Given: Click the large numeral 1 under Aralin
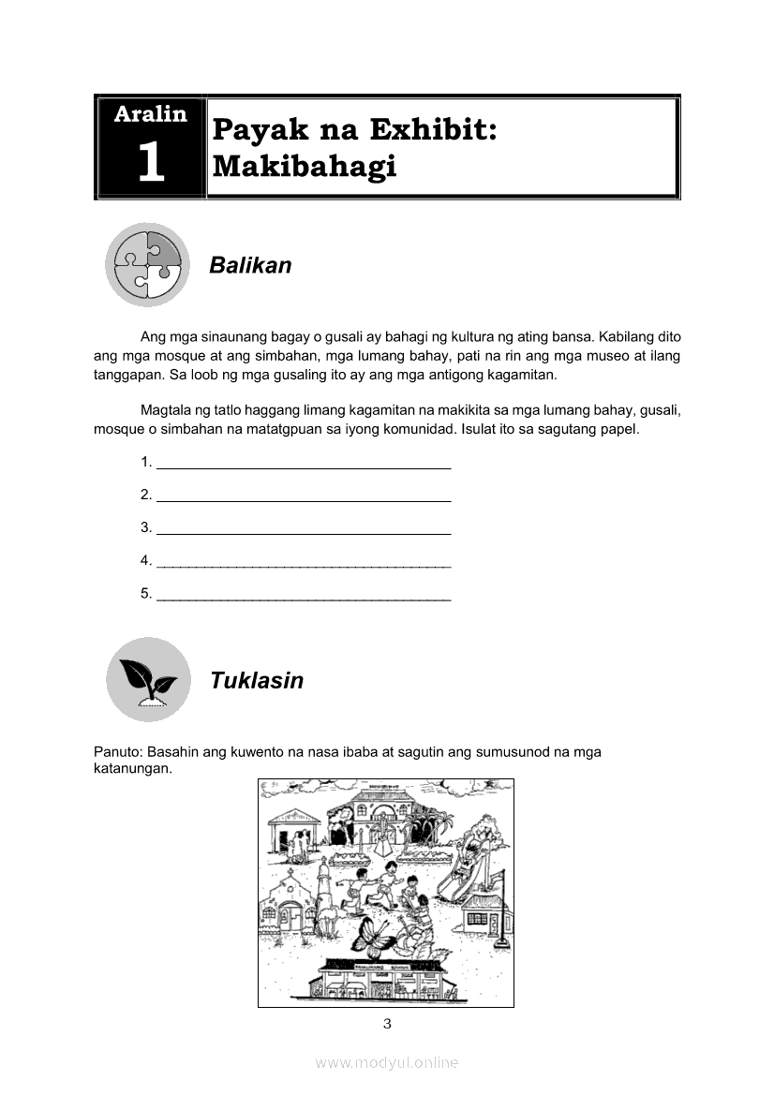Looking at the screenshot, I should coord(150,162).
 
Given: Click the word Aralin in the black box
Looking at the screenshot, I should coord(150,114).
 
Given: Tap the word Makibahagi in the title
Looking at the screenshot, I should coord(305,166).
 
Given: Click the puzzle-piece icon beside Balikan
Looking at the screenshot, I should coord(147,264).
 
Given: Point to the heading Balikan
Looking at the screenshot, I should coord(250,266).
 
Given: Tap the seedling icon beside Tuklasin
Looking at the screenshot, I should coord(147,679).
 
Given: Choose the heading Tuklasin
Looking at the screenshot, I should coord(257,681).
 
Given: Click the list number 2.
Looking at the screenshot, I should coord(146,495).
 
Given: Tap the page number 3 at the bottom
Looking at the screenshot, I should coord(387,1023).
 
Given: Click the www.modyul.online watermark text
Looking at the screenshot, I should coord(387,1063).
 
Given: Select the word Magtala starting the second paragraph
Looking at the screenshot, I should coord(167,411).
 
